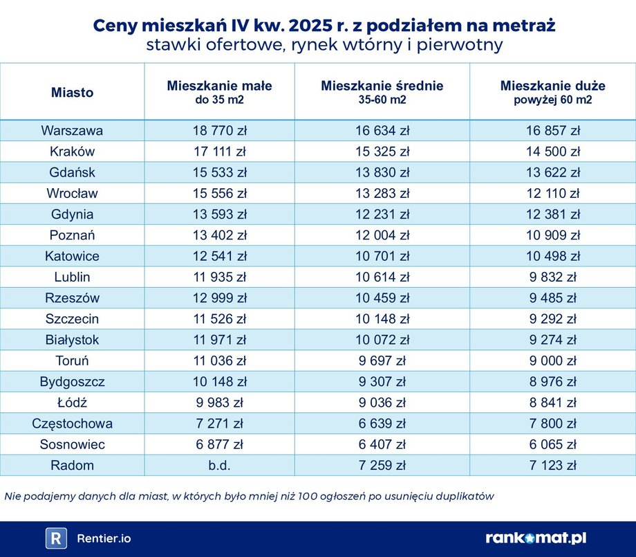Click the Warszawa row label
tap(72, 131)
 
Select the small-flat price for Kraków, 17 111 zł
tap(219, 152)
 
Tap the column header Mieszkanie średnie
tap(382, 86)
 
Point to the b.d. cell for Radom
tap(219, 465)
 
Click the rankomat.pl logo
tap(536, 538)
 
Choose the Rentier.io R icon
tap(56, 538)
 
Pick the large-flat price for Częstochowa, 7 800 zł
tap(552, 423)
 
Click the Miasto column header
tap(72, 93)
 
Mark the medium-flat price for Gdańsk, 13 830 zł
tap(382, 172)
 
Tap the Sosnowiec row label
tap(72, 444)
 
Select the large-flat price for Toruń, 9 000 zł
tap(552, 360)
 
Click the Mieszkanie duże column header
tap(552, 86)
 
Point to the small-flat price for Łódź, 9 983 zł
tap(219, 403)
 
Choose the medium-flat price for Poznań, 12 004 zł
tap(382, 235)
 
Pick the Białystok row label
tap(72, 340)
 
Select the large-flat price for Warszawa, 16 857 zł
tap(552, 131)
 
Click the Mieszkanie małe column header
tap(219, 86)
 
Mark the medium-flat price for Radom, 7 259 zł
tap(382, 465)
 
